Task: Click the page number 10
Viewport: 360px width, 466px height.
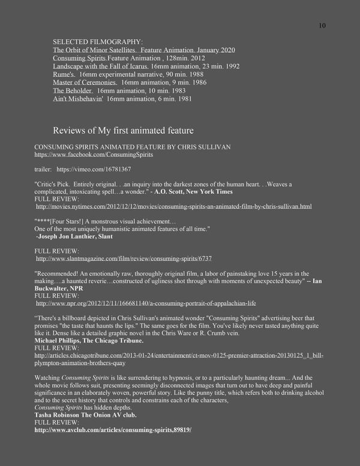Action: [322, 26]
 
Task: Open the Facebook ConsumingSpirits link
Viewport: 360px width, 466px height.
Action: [94, 154]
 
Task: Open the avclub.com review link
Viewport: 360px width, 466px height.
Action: [113, 430]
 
